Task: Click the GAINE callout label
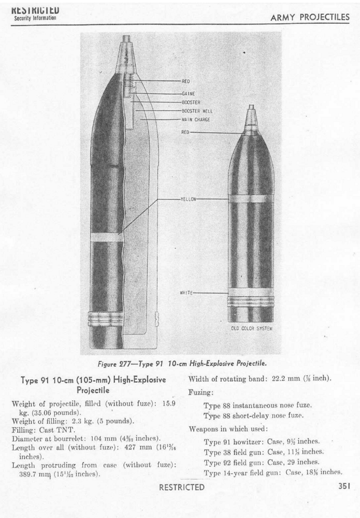(x=188, y=94)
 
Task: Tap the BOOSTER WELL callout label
(x=197, y=111)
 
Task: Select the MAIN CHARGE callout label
(x=195, y=120)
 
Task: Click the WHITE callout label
(x=186, y=293)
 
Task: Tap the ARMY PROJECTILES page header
(x=310, y=18)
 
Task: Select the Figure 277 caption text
(x=178, y=363)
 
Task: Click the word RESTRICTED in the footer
(x=181, y=487)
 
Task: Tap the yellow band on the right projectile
(x=251, y=198)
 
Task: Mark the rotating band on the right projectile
(x=251, y=300)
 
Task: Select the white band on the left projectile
(x=107, y=237)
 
